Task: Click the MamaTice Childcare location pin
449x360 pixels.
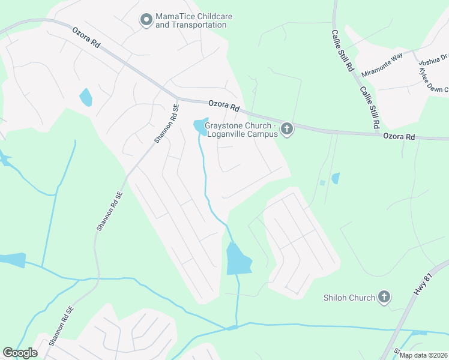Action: pyautogui.click(x=146, y=20)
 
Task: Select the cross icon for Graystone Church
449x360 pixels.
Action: pyautogui.click(x=287, y=129)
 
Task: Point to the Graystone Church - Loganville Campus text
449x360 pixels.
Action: pyautogui.click(x=241, y=130)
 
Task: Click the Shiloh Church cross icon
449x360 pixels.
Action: pyautogui.click(x=384, y=297)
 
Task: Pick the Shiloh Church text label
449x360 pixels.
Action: pyautogui.click(x=349, y=298)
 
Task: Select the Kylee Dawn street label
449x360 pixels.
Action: pyautogui.click(x=433, y=80)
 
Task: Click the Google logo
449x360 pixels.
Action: pyautogui.click(x=20, y=353)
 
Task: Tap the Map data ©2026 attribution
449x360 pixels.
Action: pyautogui.click(x=423, y=355)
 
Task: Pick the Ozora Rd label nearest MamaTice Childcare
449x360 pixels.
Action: pyautogui.click(x=86, y=37)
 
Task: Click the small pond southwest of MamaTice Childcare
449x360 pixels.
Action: pyautogui.click(x=86, y=97)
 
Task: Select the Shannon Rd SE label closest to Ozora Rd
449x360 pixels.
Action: pyautogui.click(x=167, y=124)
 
